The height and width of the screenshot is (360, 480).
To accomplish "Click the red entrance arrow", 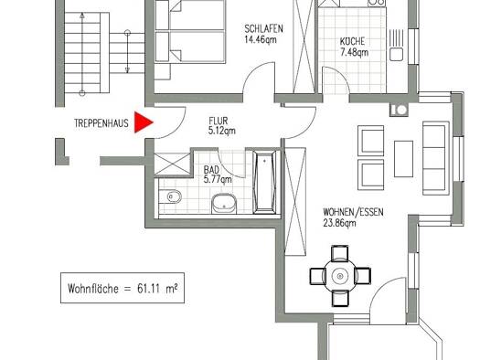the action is tap(143, 122).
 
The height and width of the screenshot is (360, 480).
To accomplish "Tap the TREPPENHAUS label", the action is tap(101, 123).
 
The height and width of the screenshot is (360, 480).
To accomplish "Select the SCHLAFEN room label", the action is tap(263, 28).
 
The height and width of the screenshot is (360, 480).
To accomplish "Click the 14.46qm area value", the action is tap(261, 39).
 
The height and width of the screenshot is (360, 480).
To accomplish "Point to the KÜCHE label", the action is tap(352, 41).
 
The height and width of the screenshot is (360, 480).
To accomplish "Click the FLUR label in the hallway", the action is tap(219, 121).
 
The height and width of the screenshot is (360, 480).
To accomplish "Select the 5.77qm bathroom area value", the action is tap(218, 179).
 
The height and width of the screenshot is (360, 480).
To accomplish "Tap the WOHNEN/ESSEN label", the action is tap(353, 212).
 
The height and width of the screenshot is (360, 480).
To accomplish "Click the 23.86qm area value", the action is tap(339, 223).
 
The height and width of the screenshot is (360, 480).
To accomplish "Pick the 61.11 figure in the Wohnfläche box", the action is tap(148, 289).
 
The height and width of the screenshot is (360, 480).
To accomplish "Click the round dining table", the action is tap(340, 276).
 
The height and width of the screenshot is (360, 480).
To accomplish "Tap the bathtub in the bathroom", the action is tap(265, 183).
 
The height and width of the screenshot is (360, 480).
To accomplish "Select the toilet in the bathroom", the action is tap(170, 196).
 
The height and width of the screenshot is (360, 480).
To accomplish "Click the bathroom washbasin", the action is tap(224, 204).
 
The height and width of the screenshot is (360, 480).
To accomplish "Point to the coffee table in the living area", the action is tap(403, 159).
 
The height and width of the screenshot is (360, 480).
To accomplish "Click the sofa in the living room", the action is tap(436, 158).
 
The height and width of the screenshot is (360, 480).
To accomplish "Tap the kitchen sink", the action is tap(397, 55).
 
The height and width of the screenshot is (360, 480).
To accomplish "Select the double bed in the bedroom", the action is tap(190, 30).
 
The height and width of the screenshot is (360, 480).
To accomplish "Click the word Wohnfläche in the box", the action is tap(93, 289).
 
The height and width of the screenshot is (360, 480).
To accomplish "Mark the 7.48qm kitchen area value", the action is tap(354, 52).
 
